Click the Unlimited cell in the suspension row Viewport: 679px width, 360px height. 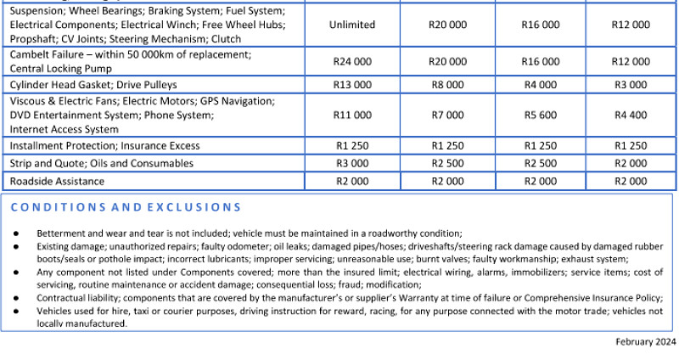[x=352, y=25]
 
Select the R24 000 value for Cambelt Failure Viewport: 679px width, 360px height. [x=352, y=61]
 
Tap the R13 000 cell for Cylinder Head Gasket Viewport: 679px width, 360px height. [x=352, y=85]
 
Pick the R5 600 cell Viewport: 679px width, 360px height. [x=541, y=115]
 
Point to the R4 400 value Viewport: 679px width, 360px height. [x=631, y=115]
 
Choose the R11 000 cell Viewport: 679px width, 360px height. [x=352, y=115]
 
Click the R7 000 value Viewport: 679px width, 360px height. [x=447, y=115]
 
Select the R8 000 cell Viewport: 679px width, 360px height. [x=447, y=85]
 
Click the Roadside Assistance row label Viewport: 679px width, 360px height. [x=57, y=181]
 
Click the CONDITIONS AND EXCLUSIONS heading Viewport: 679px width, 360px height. [x=126, y=207]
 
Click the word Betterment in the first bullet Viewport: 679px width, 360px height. [x=62, y=233]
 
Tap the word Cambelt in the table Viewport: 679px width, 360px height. [x=31, y=54]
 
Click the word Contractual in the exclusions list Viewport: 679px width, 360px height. [x=64, y=298]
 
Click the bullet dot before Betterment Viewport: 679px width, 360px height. [x=17, y=233]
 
